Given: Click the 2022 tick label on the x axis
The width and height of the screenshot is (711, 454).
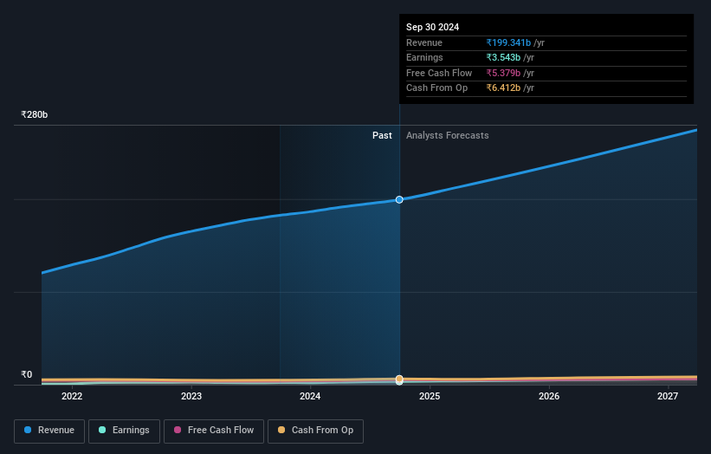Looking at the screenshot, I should pyautogui.click(x=72, y=397).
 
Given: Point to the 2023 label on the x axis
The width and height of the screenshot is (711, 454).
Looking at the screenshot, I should pyautogui.click(x=191, y=397).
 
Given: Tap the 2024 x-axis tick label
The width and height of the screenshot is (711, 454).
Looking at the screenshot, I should pyautogui.click(x=310, y=397).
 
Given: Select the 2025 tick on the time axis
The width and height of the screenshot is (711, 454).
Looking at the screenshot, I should pyautogui.click(x=430, y=397).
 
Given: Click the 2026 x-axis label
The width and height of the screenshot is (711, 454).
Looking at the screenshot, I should pyautogui.click(x=548, y=397).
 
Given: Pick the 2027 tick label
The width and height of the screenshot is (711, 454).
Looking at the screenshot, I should pyautogui.click(x=668, y=397).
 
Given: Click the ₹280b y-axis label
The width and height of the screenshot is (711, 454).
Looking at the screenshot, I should pyautogui.click(x=35, y=114).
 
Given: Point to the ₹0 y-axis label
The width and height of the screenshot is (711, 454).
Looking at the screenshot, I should pyautogui.click(x=27, y=374).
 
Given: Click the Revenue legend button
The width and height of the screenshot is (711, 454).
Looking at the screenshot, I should pyautogui.click(x=49, y=431).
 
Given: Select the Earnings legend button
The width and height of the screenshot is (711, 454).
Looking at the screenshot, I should pyautogui.click(x=125, y=431).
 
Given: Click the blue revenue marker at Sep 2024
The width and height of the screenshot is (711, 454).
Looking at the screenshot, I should pyautogui.click(x=399, y=199).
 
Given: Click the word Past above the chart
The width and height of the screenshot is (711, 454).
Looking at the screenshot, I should pyautogui.click(x=382, y=135).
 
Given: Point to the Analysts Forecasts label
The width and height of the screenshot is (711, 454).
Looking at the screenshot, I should pyautogui.click(x=447, y=135).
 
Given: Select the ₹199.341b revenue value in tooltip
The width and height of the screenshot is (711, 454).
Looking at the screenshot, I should pyautogui.click(x=508, y=42).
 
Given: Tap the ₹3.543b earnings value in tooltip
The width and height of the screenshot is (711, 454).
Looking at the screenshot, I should pyautogui.click(x=503, y=58).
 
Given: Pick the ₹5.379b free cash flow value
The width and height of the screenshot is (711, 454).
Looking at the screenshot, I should pyautogui.click(x=503, y=73).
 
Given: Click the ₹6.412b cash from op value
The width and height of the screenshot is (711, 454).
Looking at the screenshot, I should pyautogui.click(x=503, y=88).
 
